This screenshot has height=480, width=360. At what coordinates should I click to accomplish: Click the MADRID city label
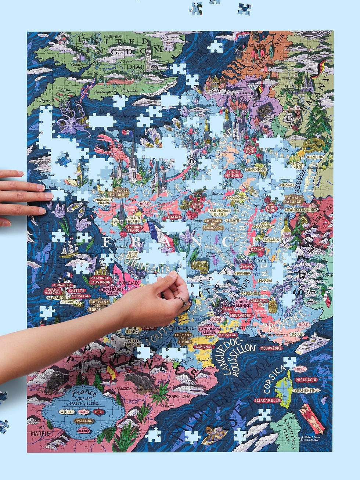(40, 433)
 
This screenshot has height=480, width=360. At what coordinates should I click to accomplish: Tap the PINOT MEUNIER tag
(233, 173)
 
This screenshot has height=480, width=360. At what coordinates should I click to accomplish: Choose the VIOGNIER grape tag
(242, 273)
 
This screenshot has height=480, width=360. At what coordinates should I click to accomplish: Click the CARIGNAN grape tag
(204, 346)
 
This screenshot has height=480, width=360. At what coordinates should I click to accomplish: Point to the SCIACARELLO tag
(267, 400)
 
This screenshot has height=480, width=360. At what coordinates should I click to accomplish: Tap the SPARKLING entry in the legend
(83, 421)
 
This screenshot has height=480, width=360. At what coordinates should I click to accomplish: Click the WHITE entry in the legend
(66, 412)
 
